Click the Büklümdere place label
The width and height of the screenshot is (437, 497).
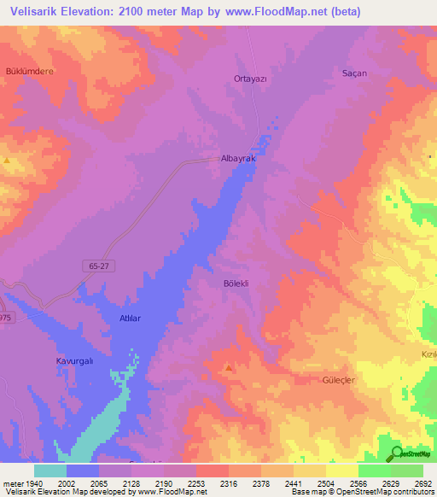[x=30, y=71]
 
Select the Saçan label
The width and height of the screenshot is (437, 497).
[x=353, y=73]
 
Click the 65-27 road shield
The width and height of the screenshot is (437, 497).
[x=99, y=266]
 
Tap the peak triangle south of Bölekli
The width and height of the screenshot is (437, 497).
[x=228, y=368]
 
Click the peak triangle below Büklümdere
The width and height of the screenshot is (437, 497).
[x=7, y=160]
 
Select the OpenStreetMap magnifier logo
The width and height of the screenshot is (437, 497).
[x=397, y=453]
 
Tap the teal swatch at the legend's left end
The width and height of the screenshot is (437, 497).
[x=50, y=471]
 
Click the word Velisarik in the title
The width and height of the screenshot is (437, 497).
[x=30, y=11]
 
